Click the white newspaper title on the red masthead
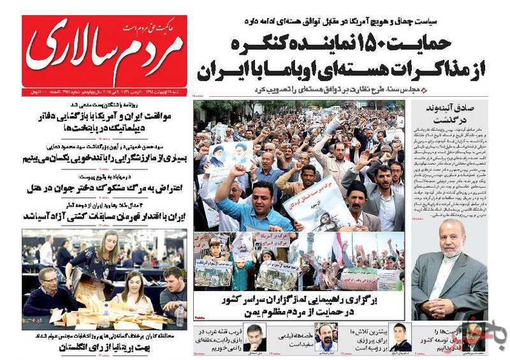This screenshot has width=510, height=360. coord(105,54)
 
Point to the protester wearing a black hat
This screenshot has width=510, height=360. coord(358,198)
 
